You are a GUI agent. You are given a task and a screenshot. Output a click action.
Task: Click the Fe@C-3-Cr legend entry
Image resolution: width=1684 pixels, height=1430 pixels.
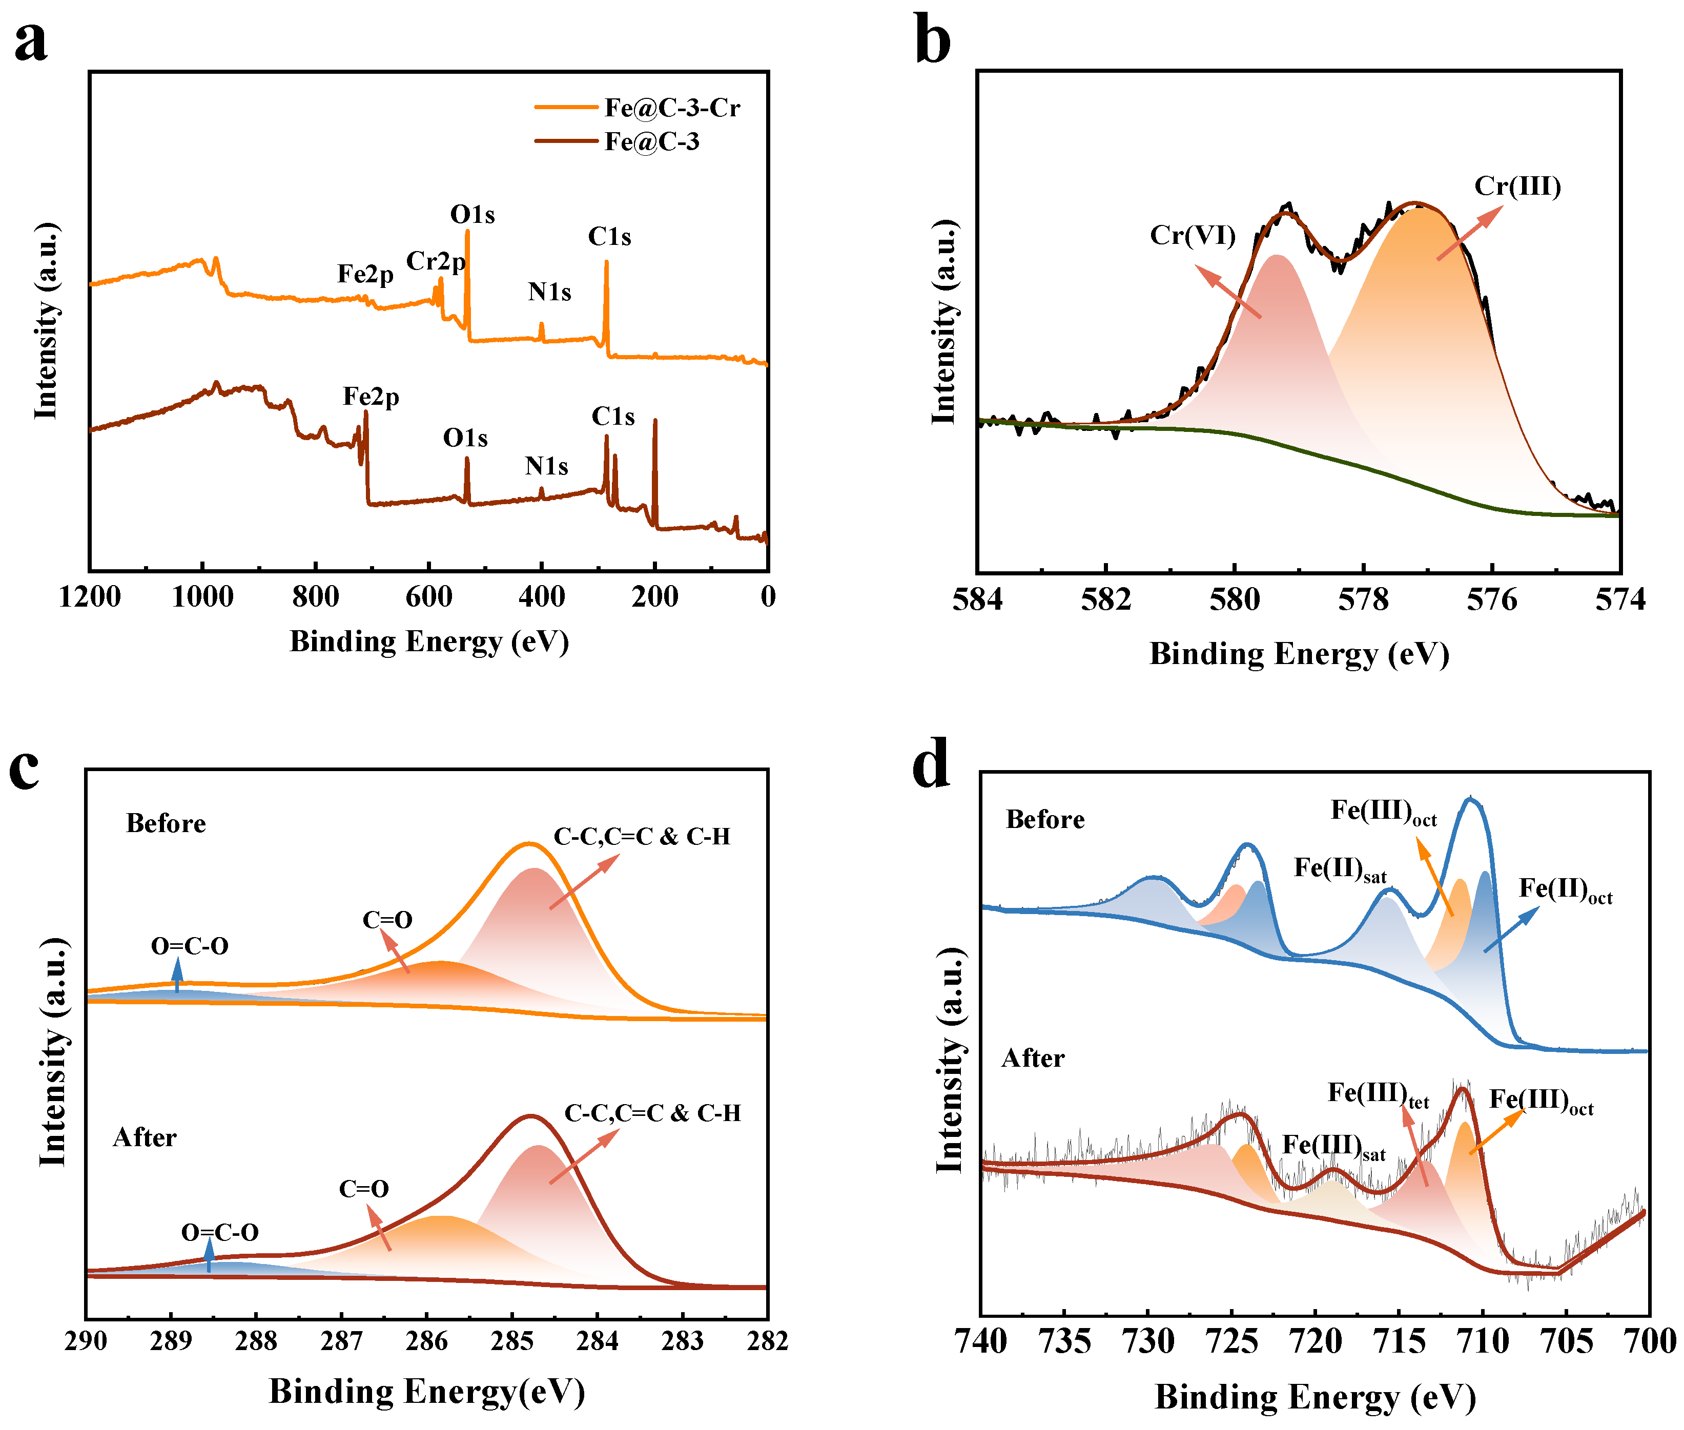click(x=671, y=107)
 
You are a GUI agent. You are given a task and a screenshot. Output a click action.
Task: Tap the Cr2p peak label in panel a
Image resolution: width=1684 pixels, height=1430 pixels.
click(x=436, y=261)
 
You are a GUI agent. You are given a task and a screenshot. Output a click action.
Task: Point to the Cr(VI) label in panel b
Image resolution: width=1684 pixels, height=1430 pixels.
click(x=1192, y=235)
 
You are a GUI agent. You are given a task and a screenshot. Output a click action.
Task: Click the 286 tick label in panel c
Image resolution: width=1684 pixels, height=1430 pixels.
click(x=426, y=1341)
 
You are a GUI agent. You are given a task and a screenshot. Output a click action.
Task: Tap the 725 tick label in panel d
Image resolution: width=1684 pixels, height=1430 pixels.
click(x=1231, y=1341)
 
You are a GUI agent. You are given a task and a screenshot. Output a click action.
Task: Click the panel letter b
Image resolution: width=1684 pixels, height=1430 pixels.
click(x=932, y=40)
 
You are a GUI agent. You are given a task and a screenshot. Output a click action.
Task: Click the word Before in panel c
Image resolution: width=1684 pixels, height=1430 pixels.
click(x=166, y=824)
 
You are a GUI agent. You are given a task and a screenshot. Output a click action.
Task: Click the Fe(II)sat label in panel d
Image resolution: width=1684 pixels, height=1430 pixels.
click(x=1340, y=869)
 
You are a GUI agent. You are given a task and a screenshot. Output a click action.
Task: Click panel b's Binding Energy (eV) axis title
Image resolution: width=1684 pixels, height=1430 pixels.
click(x=1299, y=653)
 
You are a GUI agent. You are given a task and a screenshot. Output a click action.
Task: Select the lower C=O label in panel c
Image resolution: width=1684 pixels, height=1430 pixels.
click(x=363, y=1189)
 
